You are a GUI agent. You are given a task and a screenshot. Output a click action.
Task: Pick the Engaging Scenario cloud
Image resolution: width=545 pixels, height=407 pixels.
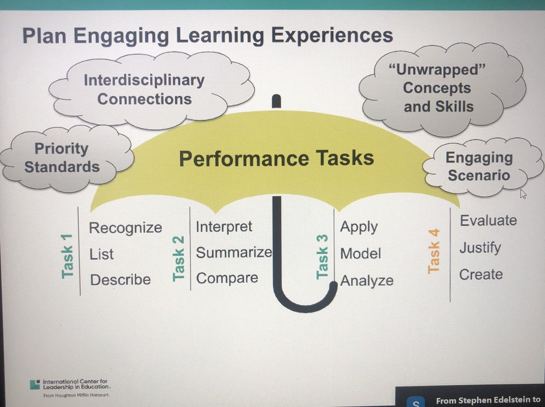pyautogui.click(x=479, y=167)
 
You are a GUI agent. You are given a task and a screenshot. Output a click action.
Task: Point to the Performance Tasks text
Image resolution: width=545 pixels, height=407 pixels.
pyautogui.click(x=277, y=158)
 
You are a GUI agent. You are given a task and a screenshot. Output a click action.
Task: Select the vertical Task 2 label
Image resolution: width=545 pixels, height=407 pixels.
pyautogui.click(x=178, y=263)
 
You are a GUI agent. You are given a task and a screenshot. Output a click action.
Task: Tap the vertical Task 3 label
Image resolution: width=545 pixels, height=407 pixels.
pyautogui.click(x=322, y=263)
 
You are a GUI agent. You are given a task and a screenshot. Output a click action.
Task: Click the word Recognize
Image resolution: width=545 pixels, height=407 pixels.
pyautogui.click(x=125, y=227)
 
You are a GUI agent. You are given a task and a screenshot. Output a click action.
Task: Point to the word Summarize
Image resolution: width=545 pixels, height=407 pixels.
pyautogui.click(x=233, y=252)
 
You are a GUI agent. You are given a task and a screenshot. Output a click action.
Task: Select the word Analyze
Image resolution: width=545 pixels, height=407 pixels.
pyautogui.click(x=367, y=281)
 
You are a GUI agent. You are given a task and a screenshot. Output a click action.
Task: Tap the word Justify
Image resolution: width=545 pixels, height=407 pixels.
pyautogui.click(x=480, y=248)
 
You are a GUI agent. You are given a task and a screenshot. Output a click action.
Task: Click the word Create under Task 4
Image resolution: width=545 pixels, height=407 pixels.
pyautogui.click(x=481, y=274)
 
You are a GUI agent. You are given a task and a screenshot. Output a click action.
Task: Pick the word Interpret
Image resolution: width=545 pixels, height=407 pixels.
pyautogui.click(x=224, y=226)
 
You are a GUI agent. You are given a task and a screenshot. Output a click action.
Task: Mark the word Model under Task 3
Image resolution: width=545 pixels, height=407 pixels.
pyautogui.click(x=361, y=253)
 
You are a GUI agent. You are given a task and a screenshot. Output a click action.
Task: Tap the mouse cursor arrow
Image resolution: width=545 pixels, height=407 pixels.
pyautogui.click(x=523, y=194)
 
